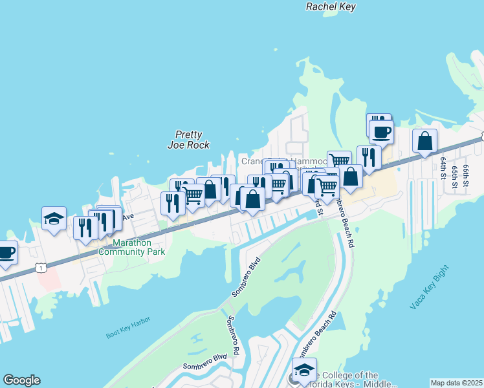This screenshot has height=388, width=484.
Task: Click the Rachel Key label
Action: click(331, 6)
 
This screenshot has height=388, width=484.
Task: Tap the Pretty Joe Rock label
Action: click(188, 140)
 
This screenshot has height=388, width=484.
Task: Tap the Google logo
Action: click(21, 380)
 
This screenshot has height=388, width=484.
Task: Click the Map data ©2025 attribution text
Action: click(456, 383)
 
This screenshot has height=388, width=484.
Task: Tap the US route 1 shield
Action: click(41, 267)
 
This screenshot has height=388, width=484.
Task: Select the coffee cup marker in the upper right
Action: click(381, 133)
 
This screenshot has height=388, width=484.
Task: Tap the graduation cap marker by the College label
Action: click(304, 370)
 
